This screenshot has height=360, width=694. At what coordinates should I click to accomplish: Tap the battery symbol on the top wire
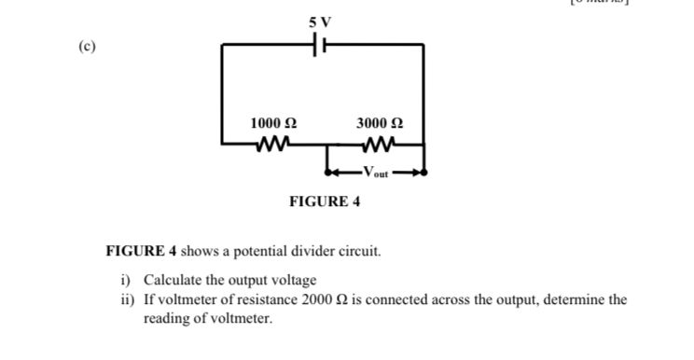coord(322,43)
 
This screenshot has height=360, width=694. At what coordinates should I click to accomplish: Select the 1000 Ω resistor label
coord(274,123)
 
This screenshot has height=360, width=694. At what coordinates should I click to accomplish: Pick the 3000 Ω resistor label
coord(380,123)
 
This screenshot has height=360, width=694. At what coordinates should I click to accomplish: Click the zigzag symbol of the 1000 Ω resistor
coord(274,144)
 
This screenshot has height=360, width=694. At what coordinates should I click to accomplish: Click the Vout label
coord(377,172)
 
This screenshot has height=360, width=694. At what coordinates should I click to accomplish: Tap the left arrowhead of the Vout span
coord(330,172)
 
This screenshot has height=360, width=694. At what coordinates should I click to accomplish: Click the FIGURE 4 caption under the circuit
coord(325,201)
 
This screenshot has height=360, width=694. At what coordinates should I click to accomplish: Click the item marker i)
coord(127,281)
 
